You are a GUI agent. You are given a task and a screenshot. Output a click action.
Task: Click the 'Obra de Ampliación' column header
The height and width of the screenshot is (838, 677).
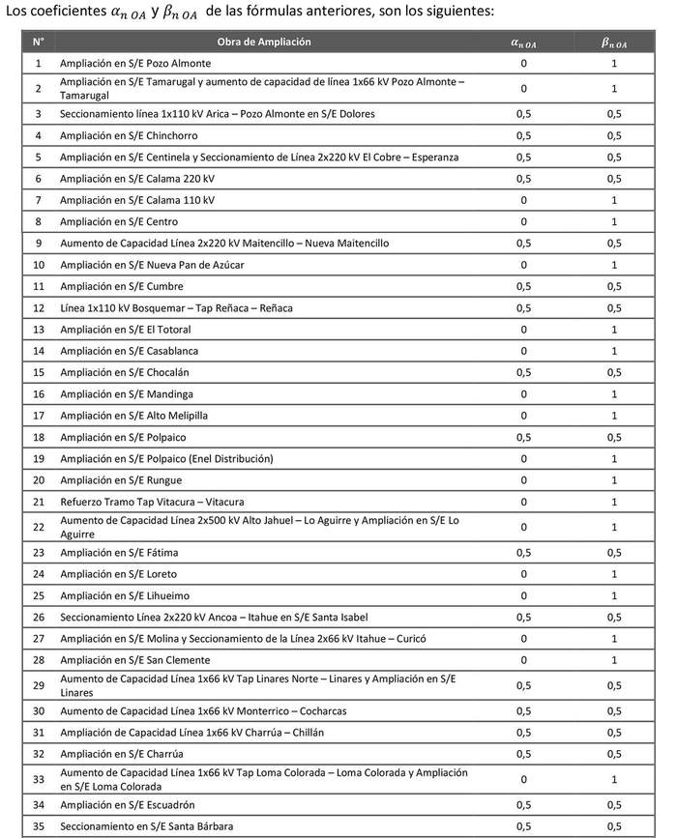[x=271, y=43]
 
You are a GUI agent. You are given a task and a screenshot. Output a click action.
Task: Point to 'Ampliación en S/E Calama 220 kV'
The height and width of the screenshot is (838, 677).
[x=137, y=179]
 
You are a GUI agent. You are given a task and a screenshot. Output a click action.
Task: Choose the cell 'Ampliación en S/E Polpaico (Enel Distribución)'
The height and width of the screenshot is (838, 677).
[x=166, y=458]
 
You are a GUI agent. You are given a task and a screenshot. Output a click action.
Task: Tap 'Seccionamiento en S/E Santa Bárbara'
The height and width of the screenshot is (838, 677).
[x=146, y=826]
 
